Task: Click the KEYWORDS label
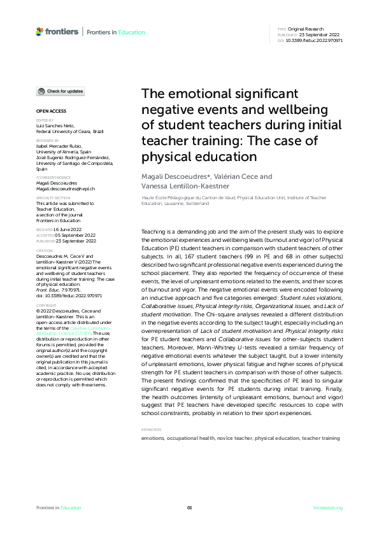152,430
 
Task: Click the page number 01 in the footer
189,507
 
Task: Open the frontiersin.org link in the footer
329,507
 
